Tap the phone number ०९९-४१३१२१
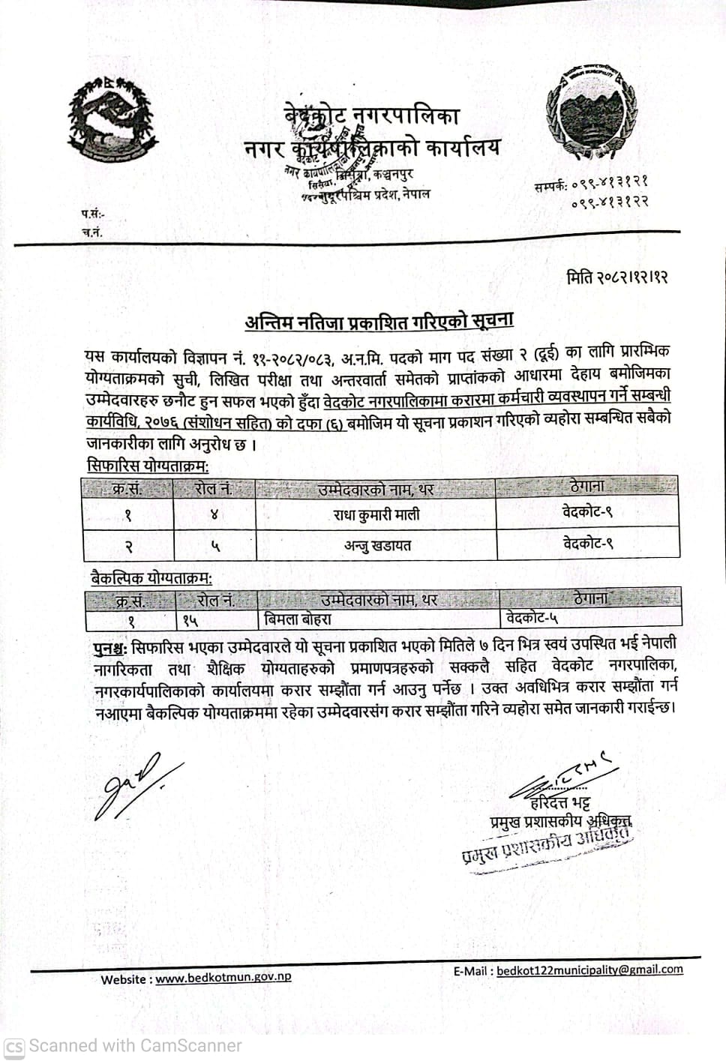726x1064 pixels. tap(610, 182)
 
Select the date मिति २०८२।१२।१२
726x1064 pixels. tap(616, 277)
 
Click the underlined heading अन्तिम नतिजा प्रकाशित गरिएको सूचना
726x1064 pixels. tap(379, 322)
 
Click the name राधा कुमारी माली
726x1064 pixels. tap(376, 514)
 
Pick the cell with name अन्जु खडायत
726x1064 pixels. tap(376, 545)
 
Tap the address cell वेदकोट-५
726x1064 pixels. tap(532, 619)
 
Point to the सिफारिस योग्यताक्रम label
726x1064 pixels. tap(147, 466)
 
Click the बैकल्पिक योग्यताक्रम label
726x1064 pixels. tap(150, 578)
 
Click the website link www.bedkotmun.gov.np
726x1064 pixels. tap(223, 978)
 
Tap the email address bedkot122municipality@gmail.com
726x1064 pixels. tap(589, 970)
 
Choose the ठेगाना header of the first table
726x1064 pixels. tap(587, 486)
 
